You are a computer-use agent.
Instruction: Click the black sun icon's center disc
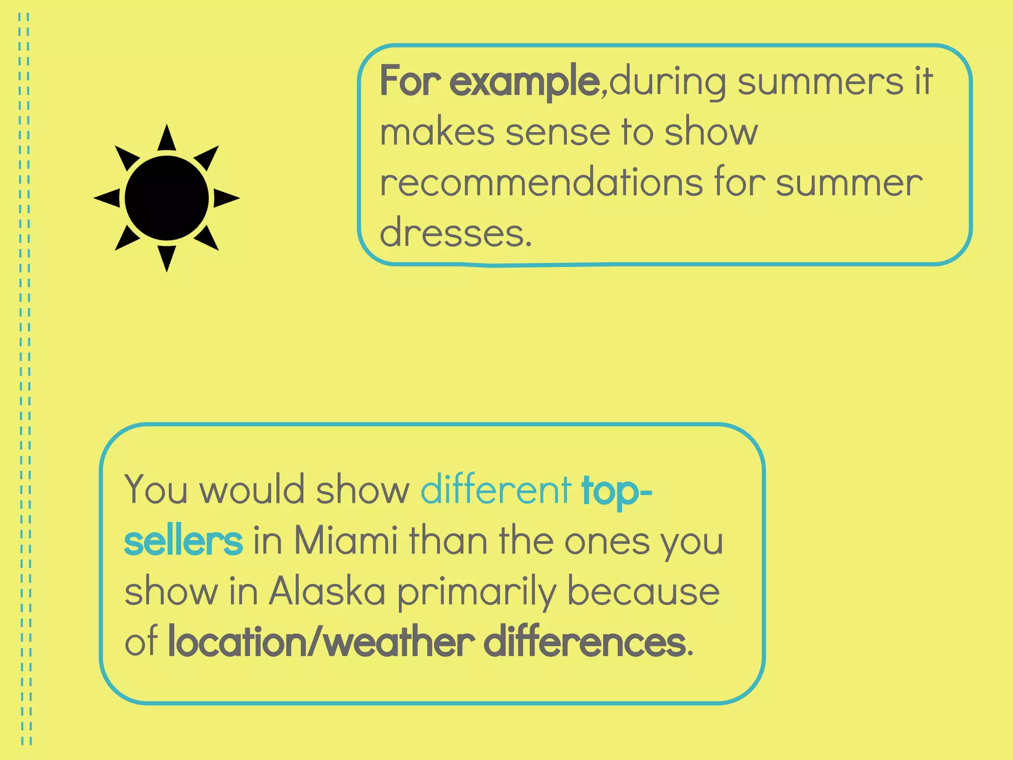coord(167,198)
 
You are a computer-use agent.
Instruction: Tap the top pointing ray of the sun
coord(167,139)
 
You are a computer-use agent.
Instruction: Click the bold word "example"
coord(524,82)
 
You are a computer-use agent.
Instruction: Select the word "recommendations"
coord(541,183)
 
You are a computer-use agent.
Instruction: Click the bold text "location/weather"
coord(322,642)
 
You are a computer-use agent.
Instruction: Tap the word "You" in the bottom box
coord(156,490)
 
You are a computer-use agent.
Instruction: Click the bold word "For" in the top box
coord(410,82)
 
